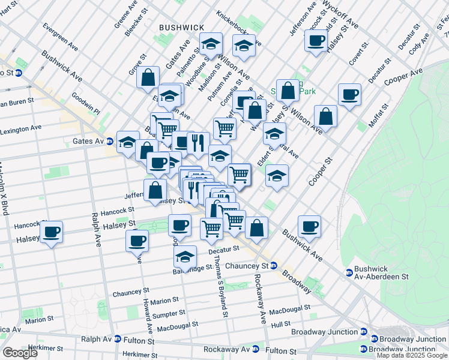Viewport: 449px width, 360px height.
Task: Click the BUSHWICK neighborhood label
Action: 181,28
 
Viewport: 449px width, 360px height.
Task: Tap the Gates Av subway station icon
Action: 110,142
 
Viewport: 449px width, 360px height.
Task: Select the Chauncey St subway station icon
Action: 273,265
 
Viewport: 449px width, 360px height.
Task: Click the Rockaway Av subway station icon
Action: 256,349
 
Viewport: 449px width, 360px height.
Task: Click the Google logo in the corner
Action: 19,353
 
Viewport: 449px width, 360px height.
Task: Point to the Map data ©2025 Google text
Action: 412,355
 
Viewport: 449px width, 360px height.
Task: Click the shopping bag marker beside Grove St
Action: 148,77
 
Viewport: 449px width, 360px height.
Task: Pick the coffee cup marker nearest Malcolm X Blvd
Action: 52,231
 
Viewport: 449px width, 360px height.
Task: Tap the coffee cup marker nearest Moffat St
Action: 349,94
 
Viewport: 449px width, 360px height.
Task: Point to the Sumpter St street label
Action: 168,314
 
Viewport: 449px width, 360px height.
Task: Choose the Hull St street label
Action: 280,324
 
